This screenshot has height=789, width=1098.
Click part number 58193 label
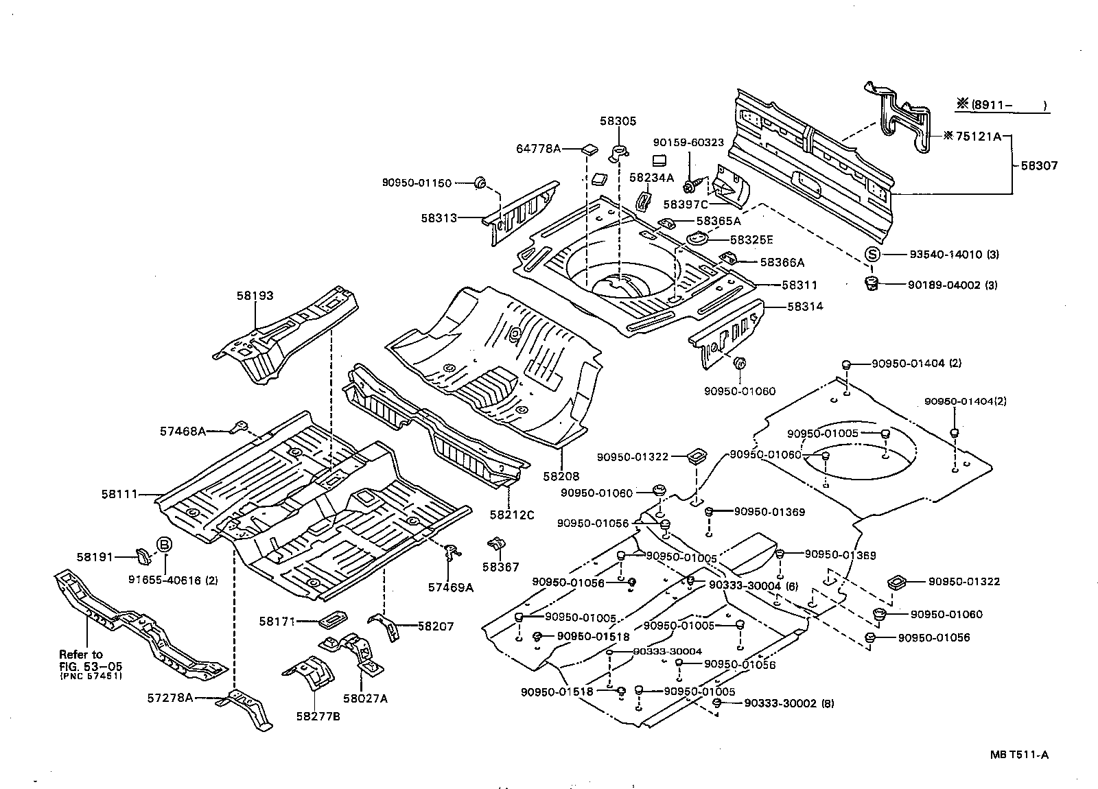pyautogui.click(x=255, y=296)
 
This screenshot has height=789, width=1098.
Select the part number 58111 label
pyautogui.click(x=120, y=493)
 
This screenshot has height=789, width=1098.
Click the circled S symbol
pyautogui.click(x=872, y=255)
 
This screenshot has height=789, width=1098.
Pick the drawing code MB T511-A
pyautogui.click(x=1019, y=755)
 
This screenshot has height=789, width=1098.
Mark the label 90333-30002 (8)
pyautogui.click(x=789, y=704)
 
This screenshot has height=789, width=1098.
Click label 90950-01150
pyautogui.click(x=417, y=182)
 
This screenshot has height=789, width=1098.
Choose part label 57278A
pyautogui.click(x=170, y=698)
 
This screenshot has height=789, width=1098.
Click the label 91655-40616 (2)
pyautogui.click(x=173, y=580)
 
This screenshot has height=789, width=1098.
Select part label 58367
pyautogui.click(x=500, y=567)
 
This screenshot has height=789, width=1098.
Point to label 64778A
pyautogui.click(x=539, y=148)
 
